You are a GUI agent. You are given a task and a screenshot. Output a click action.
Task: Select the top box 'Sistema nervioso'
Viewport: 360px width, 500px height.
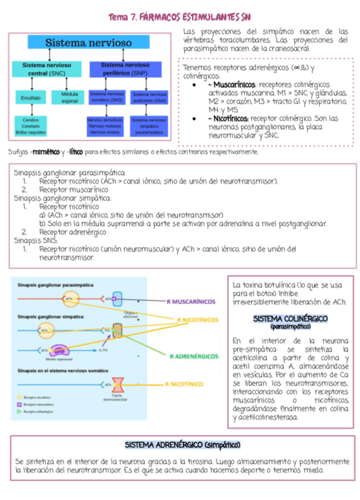point(89,42)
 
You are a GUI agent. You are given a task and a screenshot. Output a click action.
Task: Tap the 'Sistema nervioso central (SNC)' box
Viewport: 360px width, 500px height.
point(47,69)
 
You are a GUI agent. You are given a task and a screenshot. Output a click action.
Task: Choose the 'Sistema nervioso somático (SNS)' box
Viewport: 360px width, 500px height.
point(107,97)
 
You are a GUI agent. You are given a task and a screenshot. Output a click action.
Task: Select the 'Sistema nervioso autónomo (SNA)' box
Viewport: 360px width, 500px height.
point(150,97)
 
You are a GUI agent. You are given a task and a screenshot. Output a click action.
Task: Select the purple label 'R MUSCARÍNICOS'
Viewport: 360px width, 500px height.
point(191,301)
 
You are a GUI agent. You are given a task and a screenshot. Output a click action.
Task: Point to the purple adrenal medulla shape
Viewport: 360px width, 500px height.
point(60,350)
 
